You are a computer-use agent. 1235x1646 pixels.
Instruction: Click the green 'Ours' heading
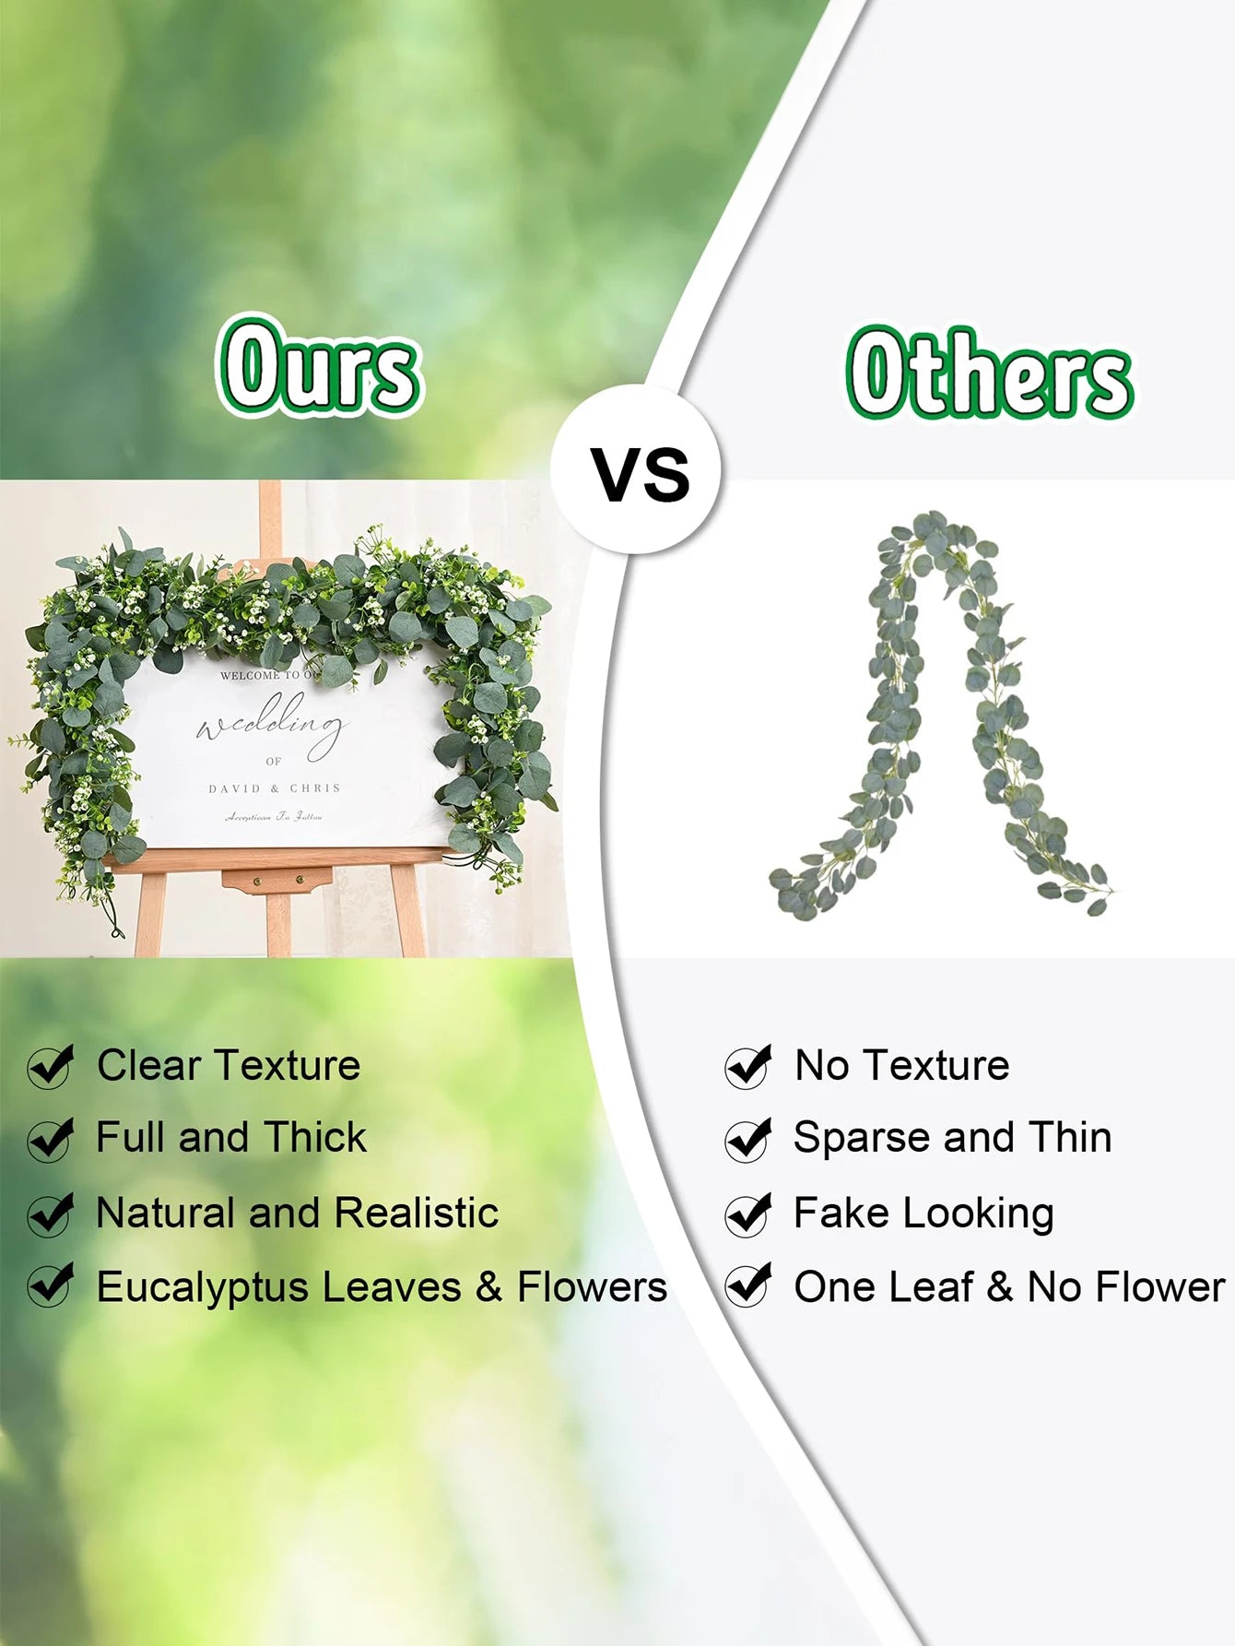point(319,367)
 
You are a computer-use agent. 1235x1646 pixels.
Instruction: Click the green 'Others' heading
point(989,373)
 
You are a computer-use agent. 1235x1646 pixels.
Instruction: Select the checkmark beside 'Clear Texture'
point(51,1067)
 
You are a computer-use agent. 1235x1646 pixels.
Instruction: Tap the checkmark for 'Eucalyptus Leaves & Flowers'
point(51,1285)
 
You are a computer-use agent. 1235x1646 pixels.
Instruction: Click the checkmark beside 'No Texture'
point(748,1067)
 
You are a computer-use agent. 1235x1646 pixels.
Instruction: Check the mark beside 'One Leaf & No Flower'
point(748,1285)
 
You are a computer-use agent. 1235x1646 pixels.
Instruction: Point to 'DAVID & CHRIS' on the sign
point(275,789)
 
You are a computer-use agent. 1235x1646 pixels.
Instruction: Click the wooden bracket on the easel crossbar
point(276,882)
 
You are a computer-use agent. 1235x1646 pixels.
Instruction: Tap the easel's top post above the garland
point(270,516)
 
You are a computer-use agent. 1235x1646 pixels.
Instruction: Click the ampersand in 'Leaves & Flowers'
point(488,1287)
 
